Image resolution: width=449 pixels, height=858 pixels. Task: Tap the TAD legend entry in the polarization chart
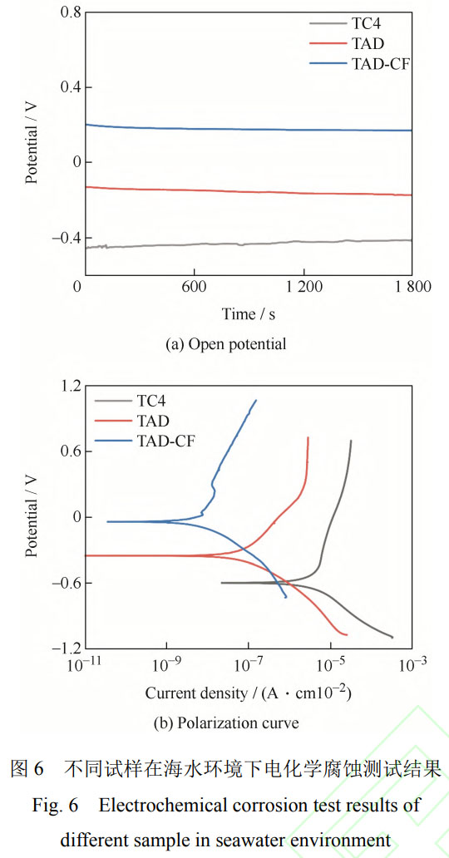155,421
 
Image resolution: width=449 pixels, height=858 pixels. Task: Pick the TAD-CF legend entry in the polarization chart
165,441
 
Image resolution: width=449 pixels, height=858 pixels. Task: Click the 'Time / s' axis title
249,313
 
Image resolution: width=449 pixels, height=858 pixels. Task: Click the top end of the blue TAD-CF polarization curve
255,400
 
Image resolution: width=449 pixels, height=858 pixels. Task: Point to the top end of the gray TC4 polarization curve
351,441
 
